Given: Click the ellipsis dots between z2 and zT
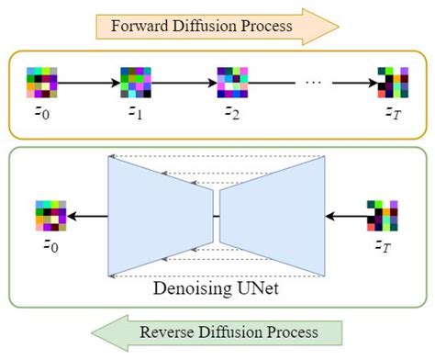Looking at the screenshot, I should [x=312, y=83].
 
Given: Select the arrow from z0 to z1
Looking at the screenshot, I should [x=89, y=83].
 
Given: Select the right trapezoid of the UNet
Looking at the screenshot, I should [x=271, y=217].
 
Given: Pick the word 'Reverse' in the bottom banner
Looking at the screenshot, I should [x=165, y=332].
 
